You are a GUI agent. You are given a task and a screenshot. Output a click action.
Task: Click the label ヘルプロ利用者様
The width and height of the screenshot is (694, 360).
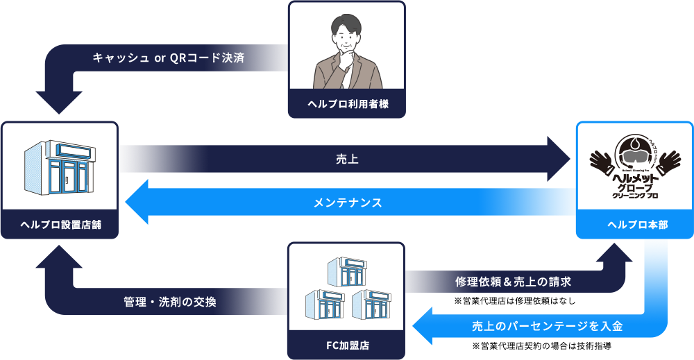coord(347,105)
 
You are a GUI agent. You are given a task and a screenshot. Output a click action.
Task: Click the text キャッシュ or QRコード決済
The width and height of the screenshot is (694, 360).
coord(168,58)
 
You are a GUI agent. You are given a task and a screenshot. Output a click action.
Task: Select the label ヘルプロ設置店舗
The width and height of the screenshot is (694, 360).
coord(60,225)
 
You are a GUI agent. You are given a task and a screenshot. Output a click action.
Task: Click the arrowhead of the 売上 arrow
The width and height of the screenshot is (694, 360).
coord(561,160)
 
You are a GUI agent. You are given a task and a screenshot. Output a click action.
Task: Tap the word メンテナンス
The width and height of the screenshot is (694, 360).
coord(347,203)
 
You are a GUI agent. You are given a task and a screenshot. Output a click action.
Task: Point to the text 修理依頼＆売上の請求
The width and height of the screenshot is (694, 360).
coord(513,282)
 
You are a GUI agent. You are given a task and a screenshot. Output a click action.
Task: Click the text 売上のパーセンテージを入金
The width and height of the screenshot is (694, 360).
coord(548,325)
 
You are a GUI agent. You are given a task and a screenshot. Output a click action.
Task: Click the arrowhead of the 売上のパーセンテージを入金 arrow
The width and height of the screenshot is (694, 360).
coord(424,325)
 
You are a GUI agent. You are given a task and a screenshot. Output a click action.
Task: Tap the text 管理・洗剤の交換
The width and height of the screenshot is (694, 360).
coord(170,302)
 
